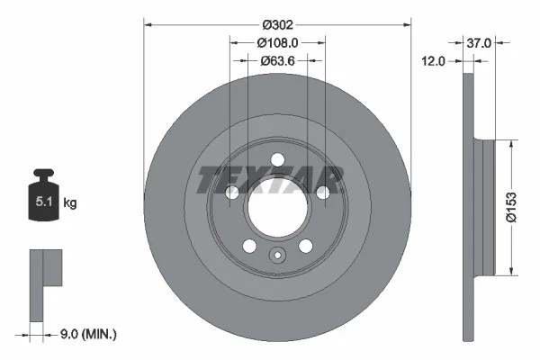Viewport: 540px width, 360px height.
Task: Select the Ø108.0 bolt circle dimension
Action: pyautogui.click(x=277, y=41)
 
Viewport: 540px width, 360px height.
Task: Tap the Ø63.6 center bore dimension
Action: pyautogui.click(x=277, y=61)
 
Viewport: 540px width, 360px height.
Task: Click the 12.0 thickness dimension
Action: pyautogui.click(x=436, y=61)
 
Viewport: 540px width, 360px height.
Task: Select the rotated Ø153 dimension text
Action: pyautogui.click(x=510, y=206)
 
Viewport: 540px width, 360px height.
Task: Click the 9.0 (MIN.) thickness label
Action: pyautogui.click(x=86, y=335)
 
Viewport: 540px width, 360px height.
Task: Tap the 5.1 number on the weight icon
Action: pyautogui.click(x=43, y=203)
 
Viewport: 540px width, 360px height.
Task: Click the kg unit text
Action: pyautogui.click(x=70, y=203)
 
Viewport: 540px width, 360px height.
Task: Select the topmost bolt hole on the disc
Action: pyautogui.click(x=277, y=160)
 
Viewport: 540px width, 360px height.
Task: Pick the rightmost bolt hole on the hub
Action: pyautogui.click(x=322, y=193)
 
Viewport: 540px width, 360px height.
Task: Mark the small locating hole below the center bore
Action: pyautogui.click(x=277, y=255)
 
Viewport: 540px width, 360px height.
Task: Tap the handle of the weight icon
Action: pyautogui.click(x=43, y=174)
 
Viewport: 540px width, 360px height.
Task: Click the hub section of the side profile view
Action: pyautogui.click(x=487, y=206)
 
